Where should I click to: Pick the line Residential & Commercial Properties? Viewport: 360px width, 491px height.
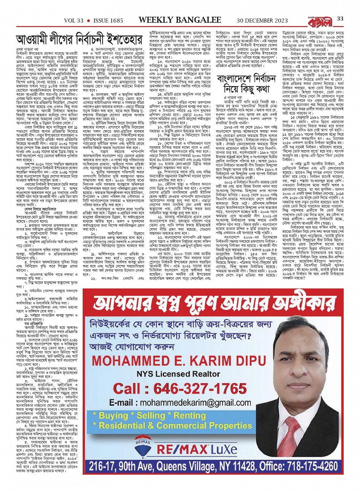coord(175,425)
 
